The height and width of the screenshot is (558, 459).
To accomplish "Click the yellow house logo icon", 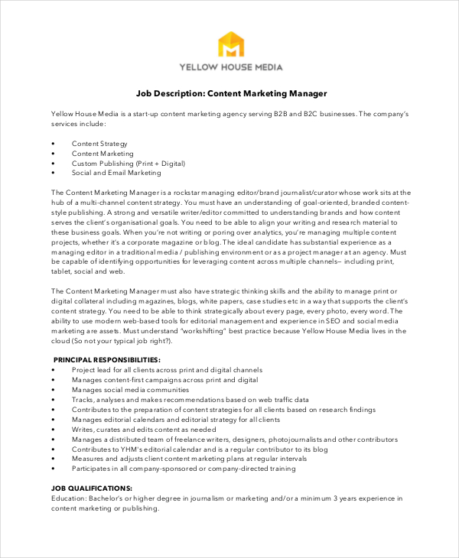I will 230,44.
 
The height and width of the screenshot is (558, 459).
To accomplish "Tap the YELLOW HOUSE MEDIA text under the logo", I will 230,67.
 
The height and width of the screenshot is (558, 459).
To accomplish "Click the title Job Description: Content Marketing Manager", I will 231,93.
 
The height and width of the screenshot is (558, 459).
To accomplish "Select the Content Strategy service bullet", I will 99,143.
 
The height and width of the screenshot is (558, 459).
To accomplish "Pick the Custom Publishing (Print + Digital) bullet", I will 129,163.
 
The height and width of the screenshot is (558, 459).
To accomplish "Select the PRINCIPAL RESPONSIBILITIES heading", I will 106,359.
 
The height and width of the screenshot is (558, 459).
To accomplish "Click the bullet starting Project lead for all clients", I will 167,369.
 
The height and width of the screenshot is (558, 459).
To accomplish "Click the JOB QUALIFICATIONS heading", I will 92,488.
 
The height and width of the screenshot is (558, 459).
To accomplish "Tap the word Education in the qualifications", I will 70,498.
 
